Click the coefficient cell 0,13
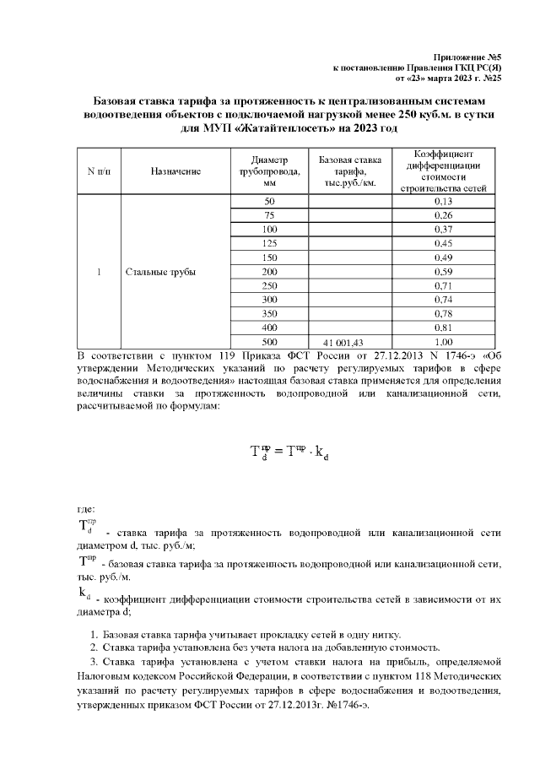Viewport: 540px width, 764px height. click(x=443, y=203)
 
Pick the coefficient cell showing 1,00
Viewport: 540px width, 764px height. click(x=443, y=342)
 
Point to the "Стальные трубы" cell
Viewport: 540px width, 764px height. click(x=160, y=272)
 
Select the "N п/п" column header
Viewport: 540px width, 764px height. click(x=99, y=171)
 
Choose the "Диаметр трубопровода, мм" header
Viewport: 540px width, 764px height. click(x=270, y=171)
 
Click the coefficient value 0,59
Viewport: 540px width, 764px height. click(x=443, y=272)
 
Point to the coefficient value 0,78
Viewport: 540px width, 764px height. click(x=443, y=312)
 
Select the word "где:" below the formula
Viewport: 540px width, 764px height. click(x=86, y=509)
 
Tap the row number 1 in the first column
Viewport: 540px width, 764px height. click(x=99, y=272)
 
